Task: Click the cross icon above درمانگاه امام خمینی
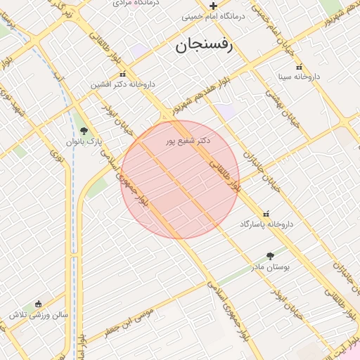click(213, 6)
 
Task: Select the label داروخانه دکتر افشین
click(123, 84)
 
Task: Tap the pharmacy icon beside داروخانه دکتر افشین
click(123, 75)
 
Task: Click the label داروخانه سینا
click(298, 75)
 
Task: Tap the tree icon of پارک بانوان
click(84, 131)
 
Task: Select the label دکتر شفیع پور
click(188, 141)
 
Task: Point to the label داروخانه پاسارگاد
click(266, 224)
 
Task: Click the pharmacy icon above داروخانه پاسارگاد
click(266, 214)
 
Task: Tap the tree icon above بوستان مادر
click(271, 257)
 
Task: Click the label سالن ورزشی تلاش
click(39, 314)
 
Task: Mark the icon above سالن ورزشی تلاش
click(38, 304)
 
